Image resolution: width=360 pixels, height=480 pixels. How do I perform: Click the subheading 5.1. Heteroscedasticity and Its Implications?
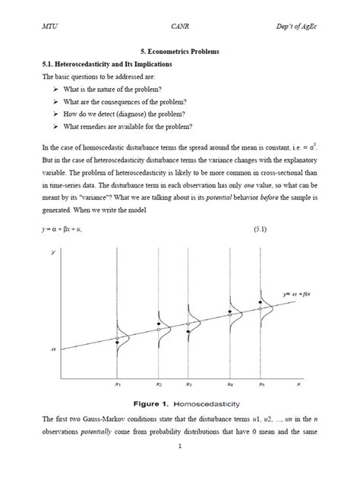[x=108, y=65]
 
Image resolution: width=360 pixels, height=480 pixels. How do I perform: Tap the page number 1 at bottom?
[x=179, y=466]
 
